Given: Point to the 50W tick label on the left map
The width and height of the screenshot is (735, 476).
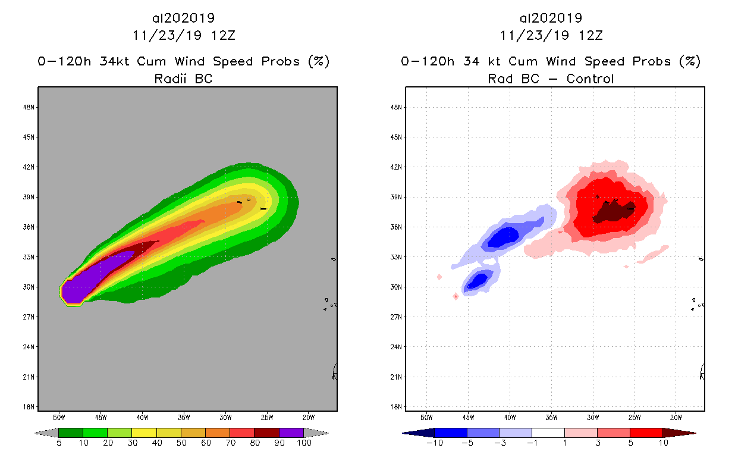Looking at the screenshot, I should point(59,417).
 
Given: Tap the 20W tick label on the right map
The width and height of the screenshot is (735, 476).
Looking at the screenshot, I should point(676,417).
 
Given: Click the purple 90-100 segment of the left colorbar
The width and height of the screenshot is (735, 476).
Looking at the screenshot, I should point(291,433).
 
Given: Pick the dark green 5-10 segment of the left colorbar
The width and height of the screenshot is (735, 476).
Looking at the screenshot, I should point(71,433).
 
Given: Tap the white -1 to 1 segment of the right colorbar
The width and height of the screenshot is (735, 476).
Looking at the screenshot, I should point(548,433).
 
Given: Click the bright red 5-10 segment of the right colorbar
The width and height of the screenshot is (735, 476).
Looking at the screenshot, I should point(646,433).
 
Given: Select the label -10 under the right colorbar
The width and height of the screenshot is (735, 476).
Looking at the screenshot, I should point(434,443).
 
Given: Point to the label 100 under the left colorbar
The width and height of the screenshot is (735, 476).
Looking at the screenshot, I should point(304,443).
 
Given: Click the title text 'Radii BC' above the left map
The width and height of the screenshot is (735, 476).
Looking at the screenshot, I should point(183,79).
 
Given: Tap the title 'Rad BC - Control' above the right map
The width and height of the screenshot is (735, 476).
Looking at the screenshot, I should point(551,79).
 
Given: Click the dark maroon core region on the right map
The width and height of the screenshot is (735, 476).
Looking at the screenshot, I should point(612,211).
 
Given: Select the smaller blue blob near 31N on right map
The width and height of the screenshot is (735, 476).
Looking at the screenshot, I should point(477,279).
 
